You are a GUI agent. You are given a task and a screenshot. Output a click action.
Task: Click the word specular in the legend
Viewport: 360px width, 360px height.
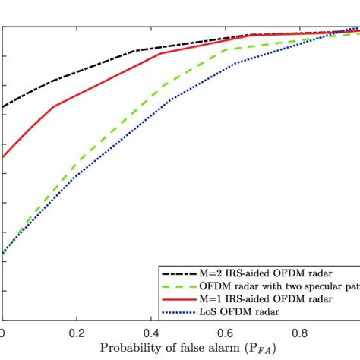click(x=310, y=286)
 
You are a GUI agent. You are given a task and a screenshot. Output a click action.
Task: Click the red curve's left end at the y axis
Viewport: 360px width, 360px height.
click(x=3, y=157)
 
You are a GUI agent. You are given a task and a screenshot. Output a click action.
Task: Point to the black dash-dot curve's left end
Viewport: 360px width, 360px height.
click(x=3, y=107)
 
